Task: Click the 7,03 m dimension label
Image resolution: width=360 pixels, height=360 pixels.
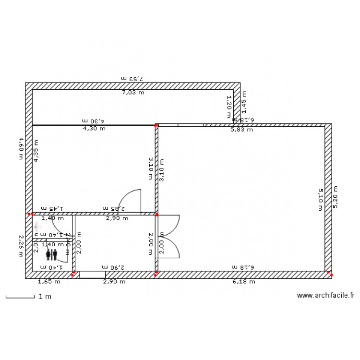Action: click(133, 93)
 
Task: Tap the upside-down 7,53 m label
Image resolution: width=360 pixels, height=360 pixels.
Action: click(133, 78)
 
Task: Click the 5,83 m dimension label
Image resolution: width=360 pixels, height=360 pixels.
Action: click(242, 130)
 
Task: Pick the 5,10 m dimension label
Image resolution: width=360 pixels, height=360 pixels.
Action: click(321, 197)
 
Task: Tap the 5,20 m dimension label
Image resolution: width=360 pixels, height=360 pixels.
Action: click(336, 197)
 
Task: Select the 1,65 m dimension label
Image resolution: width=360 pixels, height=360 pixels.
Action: click(49, 282)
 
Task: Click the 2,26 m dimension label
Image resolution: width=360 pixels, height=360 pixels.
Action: click(21, 246)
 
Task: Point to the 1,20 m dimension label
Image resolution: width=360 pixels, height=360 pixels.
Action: click(229, 107)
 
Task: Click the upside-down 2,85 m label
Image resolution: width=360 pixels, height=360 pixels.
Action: click(114, 208)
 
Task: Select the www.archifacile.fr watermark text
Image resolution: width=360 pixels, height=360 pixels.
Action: click(325, 296)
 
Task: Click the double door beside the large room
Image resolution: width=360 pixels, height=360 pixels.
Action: click(168, 236)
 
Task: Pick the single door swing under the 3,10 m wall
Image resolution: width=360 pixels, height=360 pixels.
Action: click(130, 202)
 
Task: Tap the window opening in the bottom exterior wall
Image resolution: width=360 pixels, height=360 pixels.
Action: click(93, 275)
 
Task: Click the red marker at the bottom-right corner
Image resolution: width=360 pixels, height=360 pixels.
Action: click(331, 275)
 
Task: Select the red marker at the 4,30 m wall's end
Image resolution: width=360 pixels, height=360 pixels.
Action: click(156, 126)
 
